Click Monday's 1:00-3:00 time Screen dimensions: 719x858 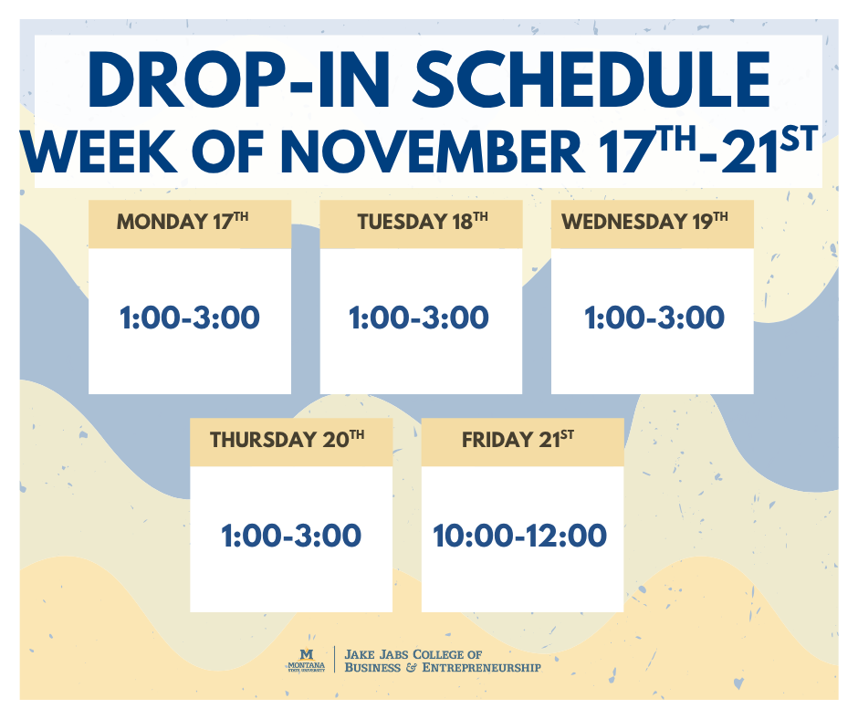[190, 318]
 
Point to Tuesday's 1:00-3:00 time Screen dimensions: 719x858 [419, 318]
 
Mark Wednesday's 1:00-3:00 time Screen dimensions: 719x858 [654, 318]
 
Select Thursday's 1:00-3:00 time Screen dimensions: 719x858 [291, 536]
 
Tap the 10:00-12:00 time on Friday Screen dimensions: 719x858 [519, 536]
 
